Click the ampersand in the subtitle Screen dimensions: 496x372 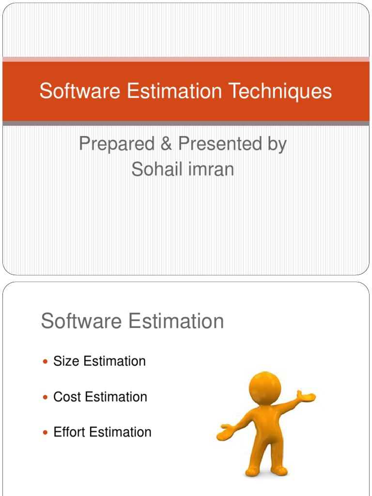click(x=167, y=144)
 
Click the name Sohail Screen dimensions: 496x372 click(x=154, y=169)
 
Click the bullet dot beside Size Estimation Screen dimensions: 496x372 click(x=46, y=362)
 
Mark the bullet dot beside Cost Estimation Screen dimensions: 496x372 click(x=46, y=397)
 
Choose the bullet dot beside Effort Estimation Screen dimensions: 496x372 click(x=46, y=433)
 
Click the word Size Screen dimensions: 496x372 click(x=66, y=361)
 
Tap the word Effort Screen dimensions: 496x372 click(x=69, y=432)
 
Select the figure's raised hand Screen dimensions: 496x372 click(x=306, y=396)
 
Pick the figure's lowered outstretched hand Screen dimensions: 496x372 click(x=225, y=433)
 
